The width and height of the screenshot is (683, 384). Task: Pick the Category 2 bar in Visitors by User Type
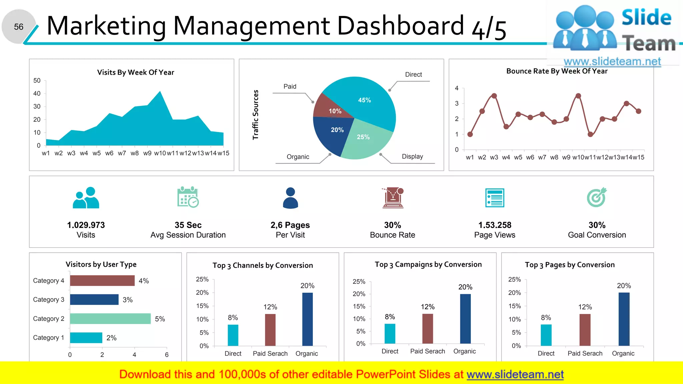pos(110,319)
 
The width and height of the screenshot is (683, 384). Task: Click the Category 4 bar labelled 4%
pos(102,281)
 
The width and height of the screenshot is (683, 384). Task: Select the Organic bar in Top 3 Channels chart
pos(307,319)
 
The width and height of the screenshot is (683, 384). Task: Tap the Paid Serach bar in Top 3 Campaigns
pos(428,328)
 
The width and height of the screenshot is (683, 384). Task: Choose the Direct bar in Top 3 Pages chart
pos(546,335)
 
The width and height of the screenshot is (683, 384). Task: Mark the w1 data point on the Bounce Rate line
pos(470,134)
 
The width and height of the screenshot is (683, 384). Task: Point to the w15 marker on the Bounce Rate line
pos(638,111)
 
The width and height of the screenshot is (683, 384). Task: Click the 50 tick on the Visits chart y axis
pos(37,81)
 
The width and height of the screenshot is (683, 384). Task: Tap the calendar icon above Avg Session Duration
pos(188,197)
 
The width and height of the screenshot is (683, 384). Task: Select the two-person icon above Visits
pos(86,198)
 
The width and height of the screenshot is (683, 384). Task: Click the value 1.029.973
pos(86,225)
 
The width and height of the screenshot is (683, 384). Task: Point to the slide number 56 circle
pos(19,27)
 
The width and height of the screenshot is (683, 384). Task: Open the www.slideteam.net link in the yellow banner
pos(515,374)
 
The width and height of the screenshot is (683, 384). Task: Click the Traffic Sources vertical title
pos(255,115)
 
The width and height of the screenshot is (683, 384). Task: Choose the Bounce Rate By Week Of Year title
pos(557,71)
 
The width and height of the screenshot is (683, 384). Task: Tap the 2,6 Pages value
pos(290,225)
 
